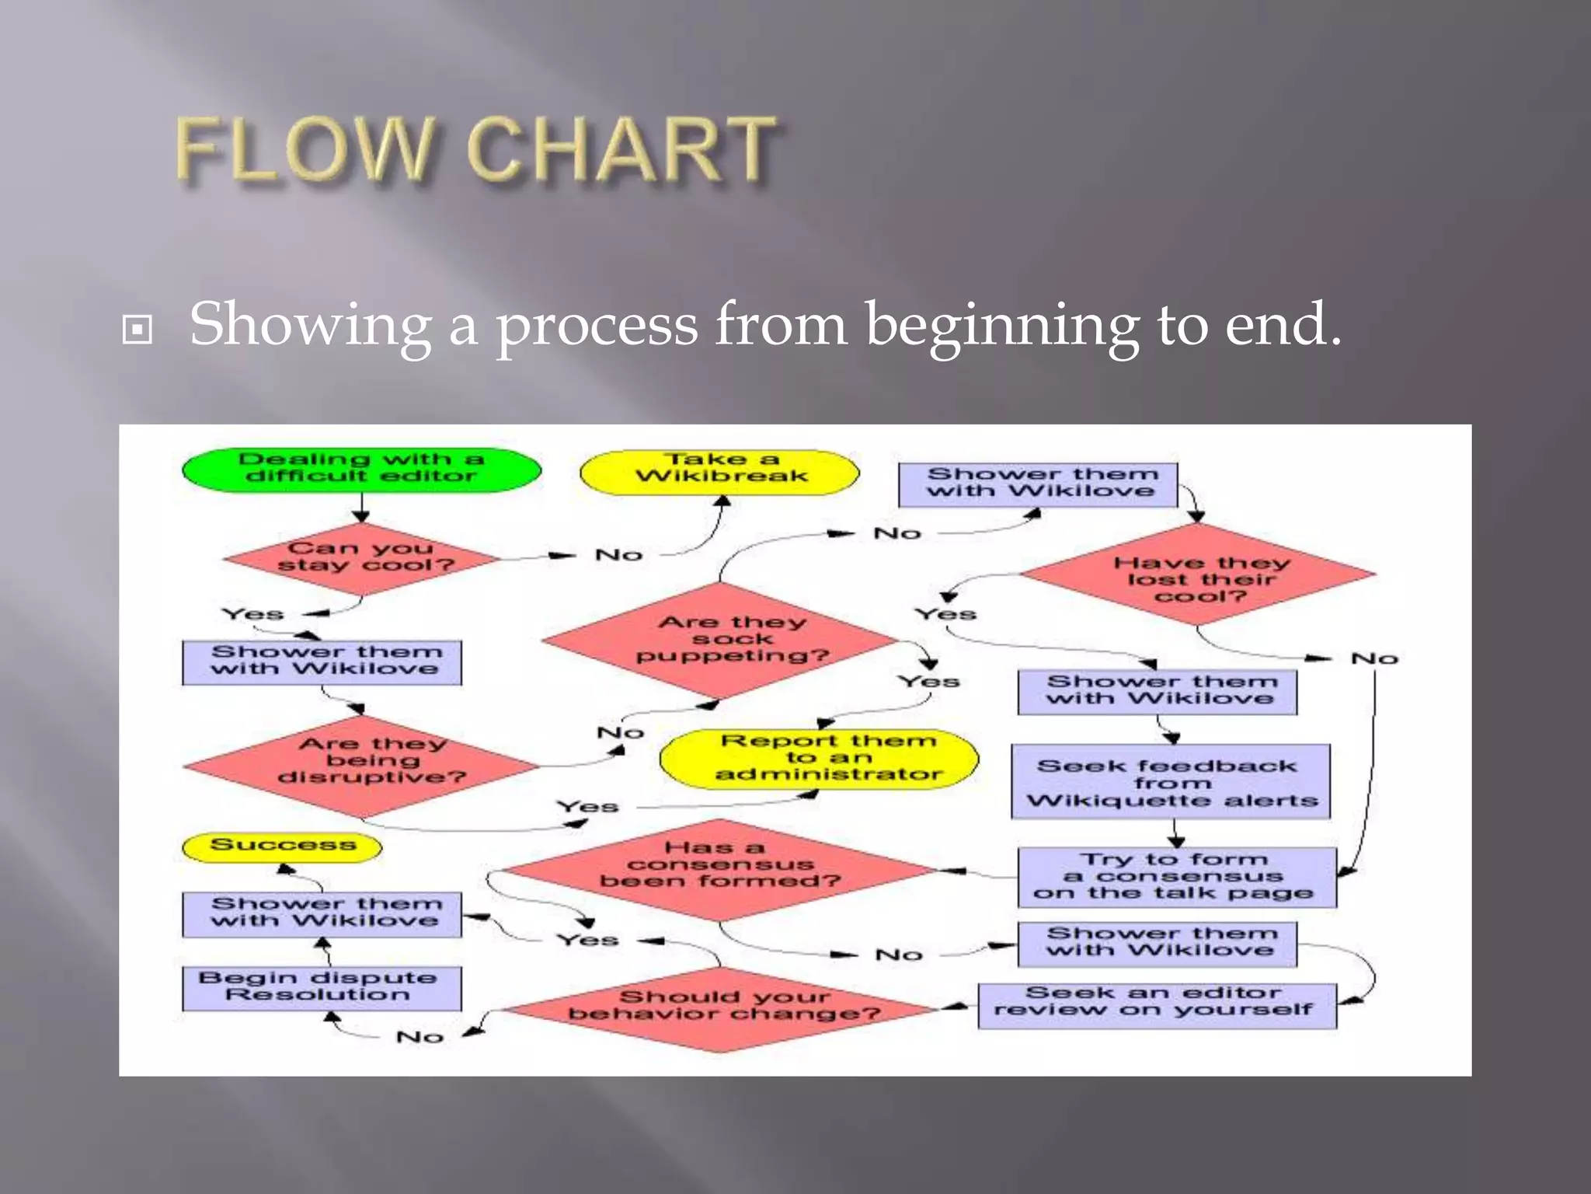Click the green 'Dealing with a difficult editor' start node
[x=361, y=469]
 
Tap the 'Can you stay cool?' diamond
[x=362, y=557]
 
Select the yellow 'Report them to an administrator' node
[x=820, y=759]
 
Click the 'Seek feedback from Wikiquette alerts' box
[x=1171, y=782]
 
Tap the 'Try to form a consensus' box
[x=1177, y=877]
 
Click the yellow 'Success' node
[x=282, y=846]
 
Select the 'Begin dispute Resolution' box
[x=322, y=988]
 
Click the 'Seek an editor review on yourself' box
[x=1157, y=1004]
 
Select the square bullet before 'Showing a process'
[x=138, y=330]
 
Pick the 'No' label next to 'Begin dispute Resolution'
[x=420, y=1036]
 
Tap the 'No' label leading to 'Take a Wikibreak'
[x=618, y=554]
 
